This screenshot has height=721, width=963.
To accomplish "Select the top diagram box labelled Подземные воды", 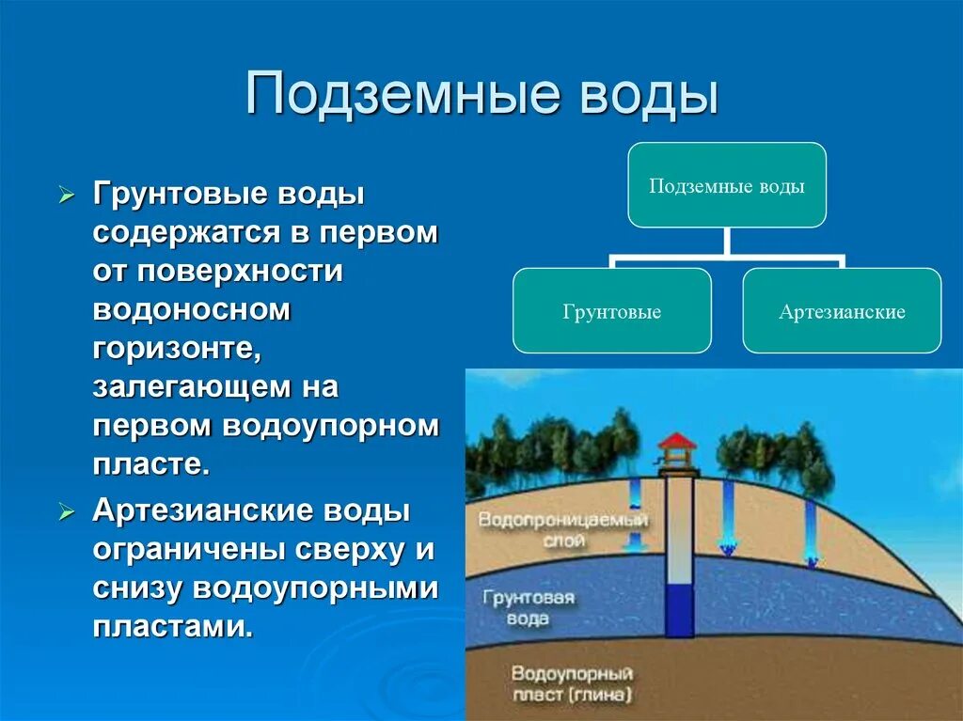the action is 727,185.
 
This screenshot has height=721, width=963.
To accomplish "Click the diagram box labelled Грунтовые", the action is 612,311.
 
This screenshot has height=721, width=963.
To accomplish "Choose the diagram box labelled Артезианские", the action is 842,311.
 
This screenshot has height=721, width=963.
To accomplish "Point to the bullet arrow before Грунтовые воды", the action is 65,196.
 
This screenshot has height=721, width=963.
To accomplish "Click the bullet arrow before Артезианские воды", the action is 65,512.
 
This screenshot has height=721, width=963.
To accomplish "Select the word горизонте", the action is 176,347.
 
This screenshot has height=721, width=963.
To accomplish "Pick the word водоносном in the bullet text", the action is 192,309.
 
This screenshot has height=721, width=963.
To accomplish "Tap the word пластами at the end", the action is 173,626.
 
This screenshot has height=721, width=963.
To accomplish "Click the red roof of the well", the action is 677,441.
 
